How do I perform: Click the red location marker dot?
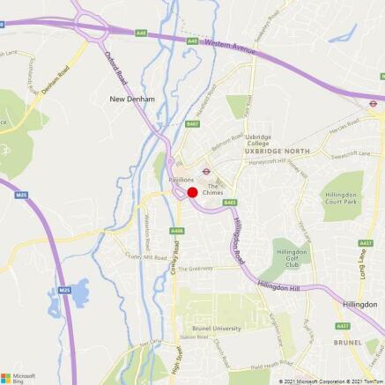(x=191, y=191)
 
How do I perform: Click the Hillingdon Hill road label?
(x=281, y=288)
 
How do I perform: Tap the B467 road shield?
(x=193, y=125)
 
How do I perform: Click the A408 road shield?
(x=177, y=231)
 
